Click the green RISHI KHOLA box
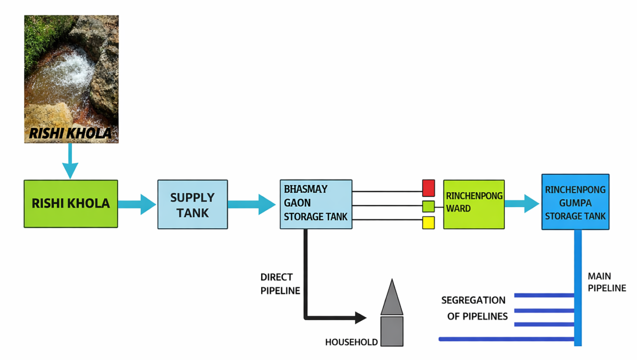click(71, 204)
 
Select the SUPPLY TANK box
click(193, 204)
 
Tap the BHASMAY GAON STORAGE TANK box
click(316, 204)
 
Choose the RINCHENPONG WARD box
click(474, 204)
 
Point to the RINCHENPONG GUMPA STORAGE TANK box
click(575, 202)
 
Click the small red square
click(429, 188)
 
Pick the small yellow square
click(429, 223)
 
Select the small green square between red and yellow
click(429, 206)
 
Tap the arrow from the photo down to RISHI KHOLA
click(70, 162)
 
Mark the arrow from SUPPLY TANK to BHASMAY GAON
click(252, 204)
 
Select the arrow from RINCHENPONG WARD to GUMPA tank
click(523, 203)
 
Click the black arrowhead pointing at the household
click(361, 318)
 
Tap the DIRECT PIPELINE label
click(280, 284)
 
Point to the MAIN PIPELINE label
click(607, 282)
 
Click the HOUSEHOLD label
click(351, 342)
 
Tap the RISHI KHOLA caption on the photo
click(71, 133)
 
